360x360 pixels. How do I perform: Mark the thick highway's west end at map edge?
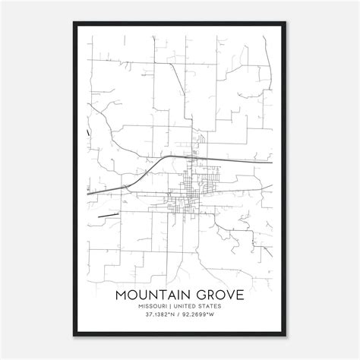tap(87, 194)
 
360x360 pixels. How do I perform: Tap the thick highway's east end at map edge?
tap(272, 162)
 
